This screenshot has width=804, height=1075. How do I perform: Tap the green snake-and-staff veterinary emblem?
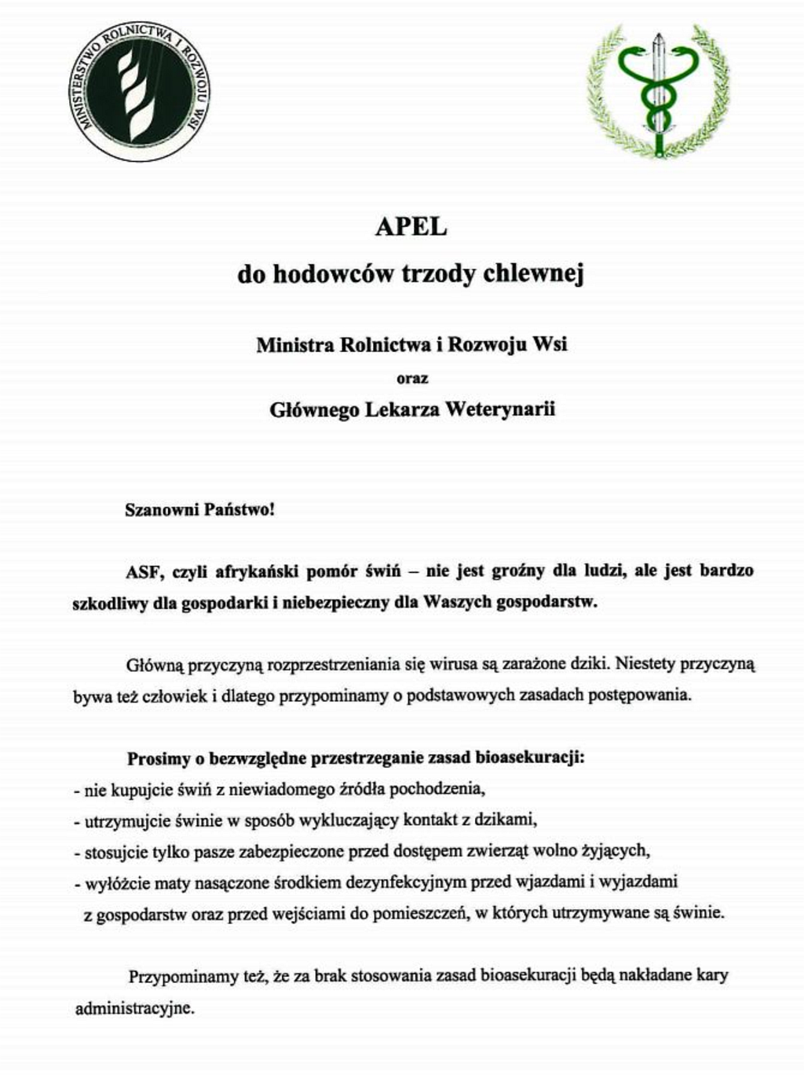658,90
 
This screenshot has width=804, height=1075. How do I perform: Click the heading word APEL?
411,226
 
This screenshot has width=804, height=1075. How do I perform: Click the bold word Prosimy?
159,759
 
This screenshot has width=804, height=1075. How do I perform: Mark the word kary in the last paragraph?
712,976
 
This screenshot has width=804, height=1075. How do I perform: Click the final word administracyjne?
133,1008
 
